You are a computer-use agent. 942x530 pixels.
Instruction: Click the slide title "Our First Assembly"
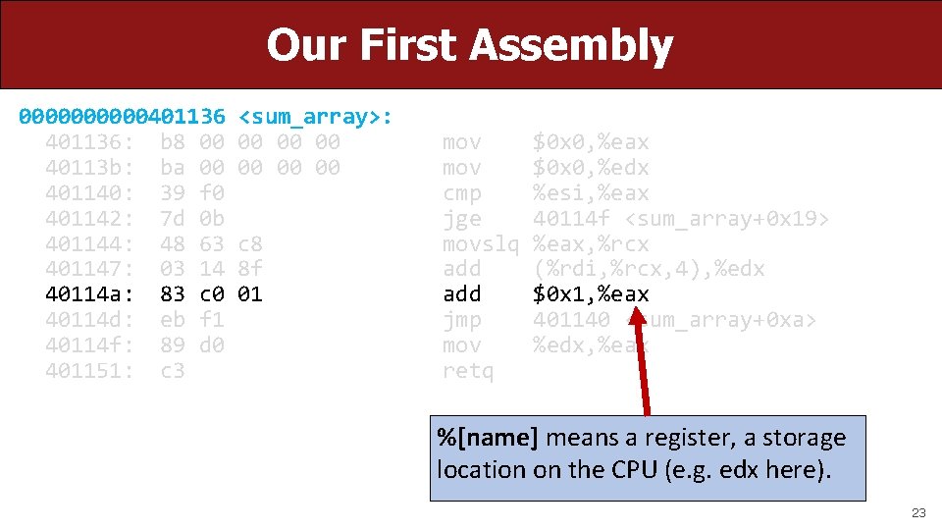tap(470, 45)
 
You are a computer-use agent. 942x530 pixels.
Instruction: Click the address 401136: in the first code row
tap(89, 142)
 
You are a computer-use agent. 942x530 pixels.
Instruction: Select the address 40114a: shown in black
tap(89, 294)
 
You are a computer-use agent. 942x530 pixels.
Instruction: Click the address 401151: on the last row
tap(89, 371)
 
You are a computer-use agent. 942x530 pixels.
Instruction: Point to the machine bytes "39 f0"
tap(191, 193)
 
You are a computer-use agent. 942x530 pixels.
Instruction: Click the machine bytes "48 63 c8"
tap(210, 243)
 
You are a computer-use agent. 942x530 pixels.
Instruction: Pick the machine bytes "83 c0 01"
tap(210, 294)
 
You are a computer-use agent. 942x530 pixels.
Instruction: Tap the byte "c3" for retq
tap(172, 371)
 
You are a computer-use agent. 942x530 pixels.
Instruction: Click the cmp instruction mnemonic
tap(462, 193)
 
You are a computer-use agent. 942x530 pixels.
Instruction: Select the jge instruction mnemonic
tap(462, 218)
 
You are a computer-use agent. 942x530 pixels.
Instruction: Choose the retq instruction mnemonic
tap(468, 371)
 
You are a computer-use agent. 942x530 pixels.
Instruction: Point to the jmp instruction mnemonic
tap(462, 320)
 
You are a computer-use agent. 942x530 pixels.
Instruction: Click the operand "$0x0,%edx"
tap(591, 168)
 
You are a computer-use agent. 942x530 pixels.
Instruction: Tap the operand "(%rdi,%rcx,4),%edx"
tap(649, 269)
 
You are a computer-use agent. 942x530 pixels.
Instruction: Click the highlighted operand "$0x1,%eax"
tap(591, 294)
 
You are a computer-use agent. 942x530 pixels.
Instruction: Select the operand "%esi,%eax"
tap(591, 193)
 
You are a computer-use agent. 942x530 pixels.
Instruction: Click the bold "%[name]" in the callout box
tap(488, 438)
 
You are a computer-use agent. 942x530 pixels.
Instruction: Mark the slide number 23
tap(918, 512)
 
